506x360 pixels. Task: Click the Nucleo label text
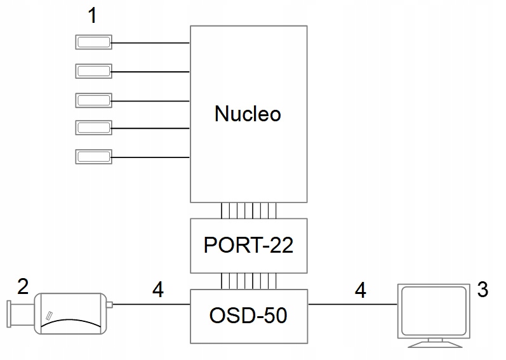pyautogui.click(x=248, y=114)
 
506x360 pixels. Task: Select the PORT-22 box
pyautogui.click(x=248, y=246)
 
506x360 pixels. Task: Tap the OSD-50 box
pyautogui.click(x=248, y=315)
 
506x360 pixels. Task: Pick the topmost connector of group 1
pyautogui.click(x=94, y=43)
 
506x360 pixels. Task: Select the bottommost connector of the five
pyautogui.click(x=94, y=156)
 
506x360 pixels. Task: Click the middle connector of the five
pyautogui.click(x=94, y=100)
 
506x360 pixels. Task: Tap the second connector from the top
pyautogui.click(x=94, y=70)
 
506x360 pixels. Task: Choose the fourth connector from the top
pyautogui.click(x=94, y=127)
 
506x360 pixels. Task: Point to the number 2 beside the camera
pyautogui.click(x=23, y=287)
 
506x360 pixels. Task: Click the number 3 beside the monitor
pyautogui.click(x=483, y=290)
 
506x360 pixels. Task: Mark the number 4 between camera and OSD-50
pyautogui.click(x=158, y=290)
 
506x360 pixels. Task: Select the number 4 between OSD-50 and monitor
pyautogui.click(x=360, y=290)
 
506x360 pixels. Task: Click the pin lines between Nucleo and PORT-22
pyautogui.click(x=248, y=211)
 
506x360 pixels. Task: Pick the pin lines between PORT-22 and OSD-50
pyautogui.click(x=248, y=281)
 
